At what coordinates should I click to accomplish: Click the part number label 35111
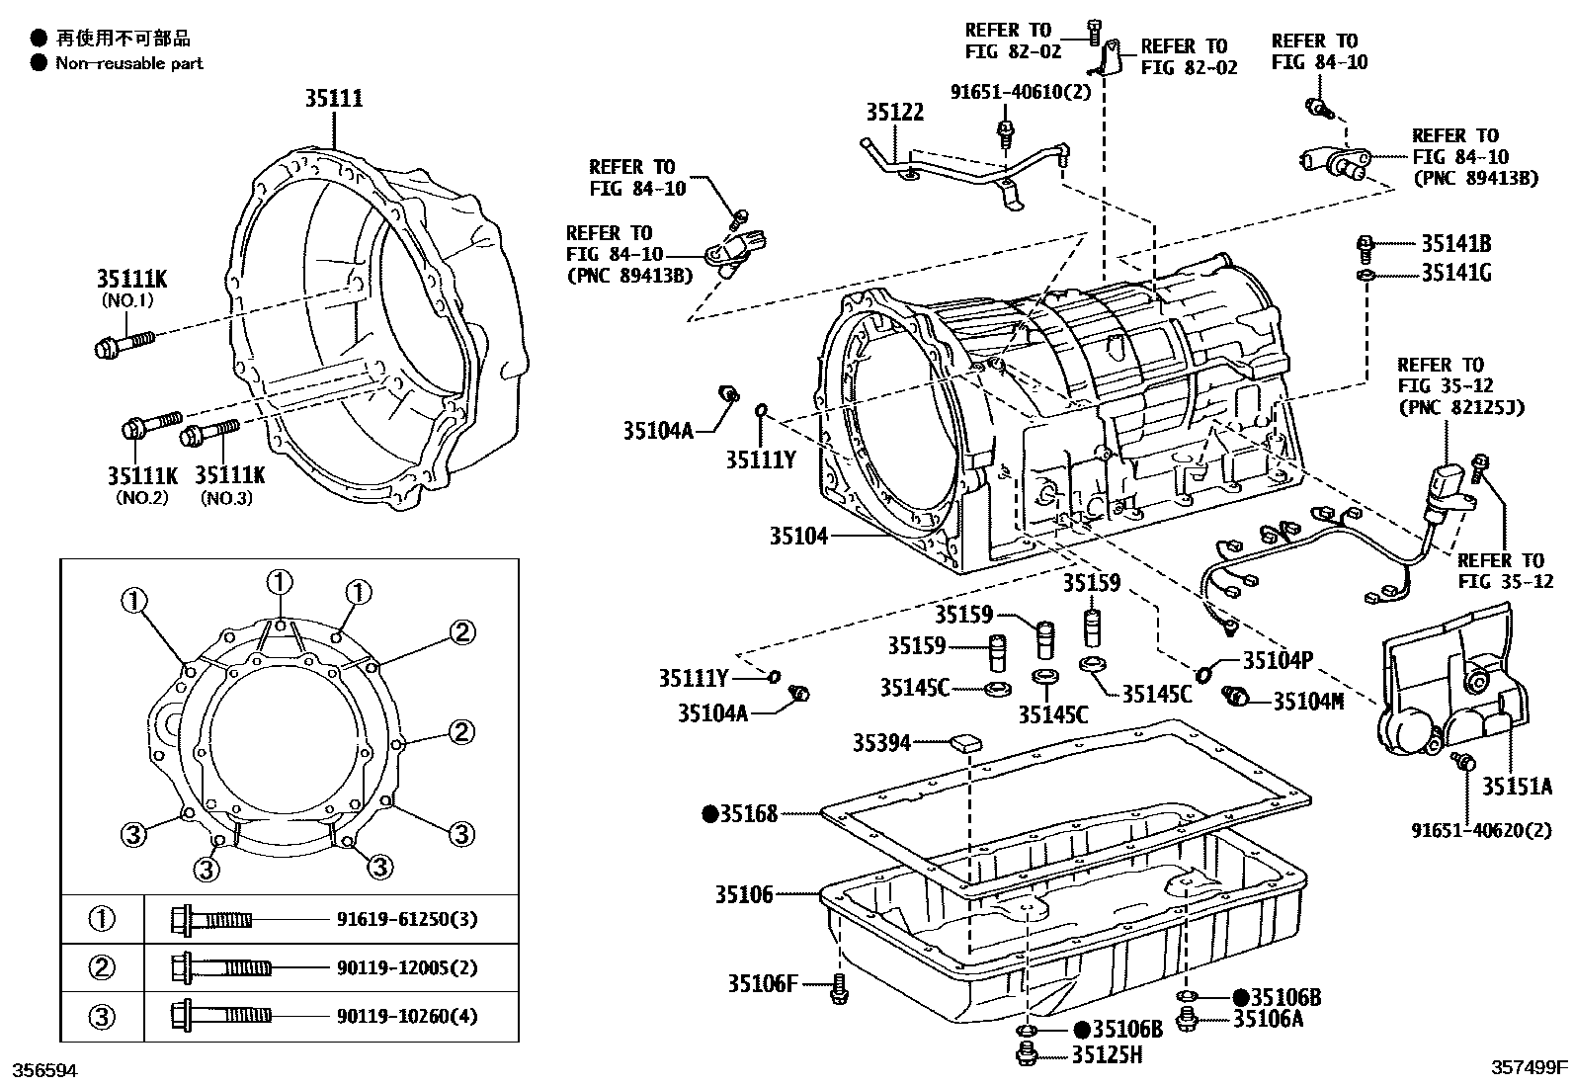click(333, 99)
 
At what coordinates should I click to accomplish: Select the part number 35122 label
click(894, 113)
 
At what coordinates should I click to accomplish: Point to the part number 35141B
click(1455, 243)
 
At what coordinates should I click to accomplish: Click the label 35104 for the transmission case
click(798, 537)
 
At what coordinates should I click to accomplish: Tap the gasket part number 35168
click(748, 814)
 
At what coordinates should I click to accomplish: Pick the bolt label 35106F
click(762, 983)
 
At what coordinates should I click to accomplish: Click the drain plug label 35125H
click(1107, 1055)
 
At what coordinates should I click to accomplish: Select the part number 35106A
click(1268, 1019)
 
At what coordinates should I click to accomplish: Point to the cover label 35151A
click(1517, 787)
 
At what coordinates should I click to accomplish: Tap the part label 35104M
click(1307, 702)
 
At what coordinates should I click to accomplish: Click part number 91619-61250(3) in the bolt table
click(407, 920)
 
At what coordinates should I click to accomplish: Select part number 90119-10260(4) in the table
click(407, 1016)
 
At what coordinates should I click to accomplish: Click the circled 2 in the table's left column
click(103, 967)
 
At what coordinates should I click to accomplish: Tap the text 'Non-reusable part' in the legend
click(128, 63)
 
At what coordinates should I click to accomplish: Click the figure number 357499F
click(1529, 1067)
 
